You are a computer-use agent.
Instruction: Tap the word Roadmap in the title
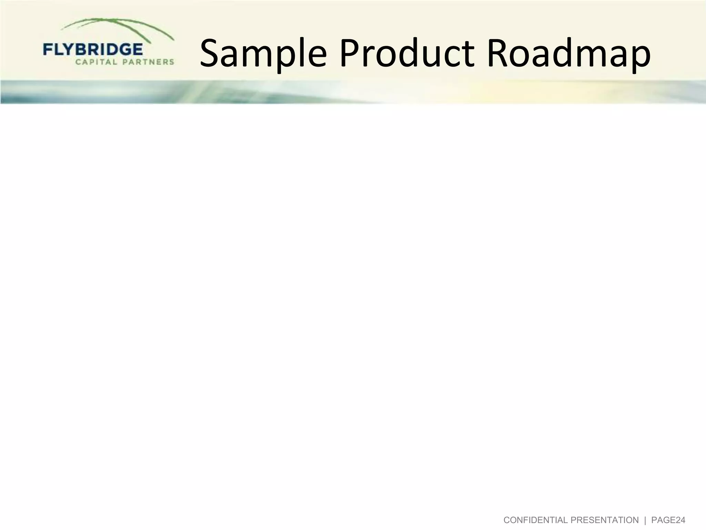click(568, 53)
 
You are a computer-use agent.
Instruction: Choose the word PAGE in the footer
click(667, 520)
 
